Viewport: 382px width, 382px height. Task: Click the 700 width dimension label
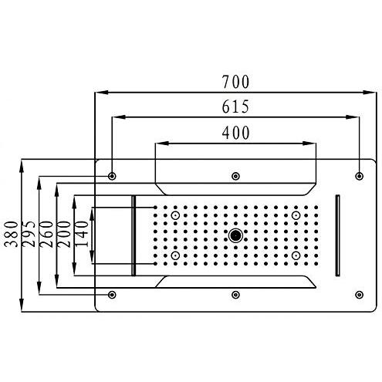pyautogui.click(x=235, y=80)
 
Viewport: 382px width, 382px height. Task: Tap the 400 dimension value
pyautogui.click(x=235, y=132)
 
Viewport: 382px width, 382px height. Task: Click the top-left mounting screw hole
pyautogui.click(x=113, y=176)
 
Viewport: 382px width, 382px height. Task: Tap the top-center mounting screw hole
pyautogui.click(x=235, y=176)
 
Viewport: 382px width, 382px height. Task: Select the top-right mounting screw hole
pyautogui.click(x=359, y=176)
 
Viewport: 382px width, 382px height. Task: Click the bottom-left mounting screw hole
pyautogui.click(x=113, y=294)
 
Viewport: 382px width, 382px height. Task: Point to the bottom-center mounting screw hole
pyautogui.click(x=235, y=294)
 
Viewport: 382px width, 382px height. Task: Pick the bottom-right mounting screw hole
pyautogui.click(x=359, y=294)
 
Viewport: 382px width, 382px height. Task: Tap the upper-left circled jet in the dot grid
pyautogui.click(x=176, y=215)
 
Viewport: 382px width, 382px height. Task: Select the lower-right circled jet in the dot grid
pyautogui.click(x=296, y=255)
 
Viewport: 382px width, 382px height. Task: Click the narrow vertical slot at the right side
pyautogui.click(x=337, y=235)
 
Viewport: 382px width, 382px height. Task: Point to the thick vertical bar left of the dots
pyautogui.click(x=134, y=235)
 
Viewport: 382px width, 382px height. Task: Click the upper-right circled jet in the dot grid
pyautogui.click(x=296, y=215)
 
